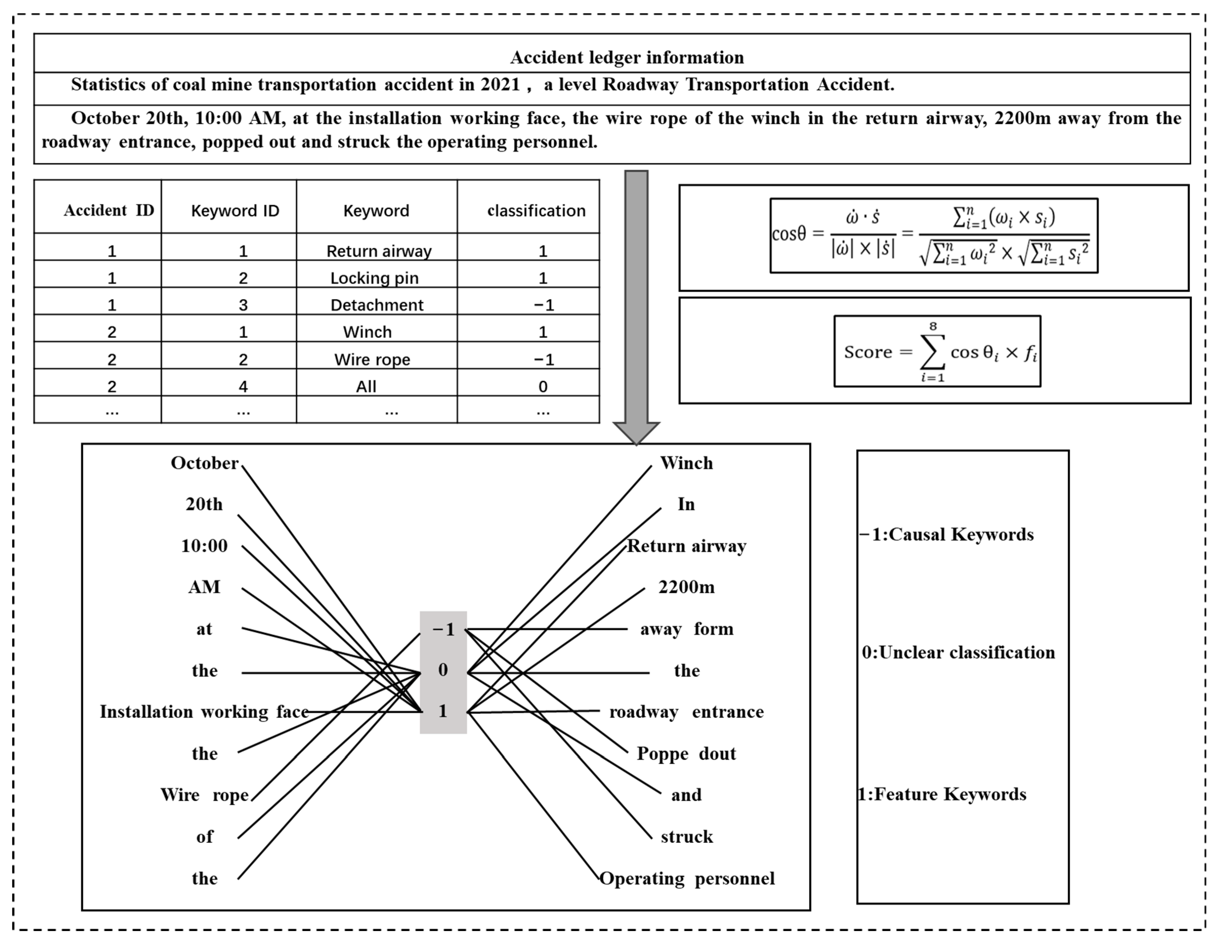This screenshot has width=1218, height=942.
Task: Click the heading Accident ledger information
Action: point(627,57)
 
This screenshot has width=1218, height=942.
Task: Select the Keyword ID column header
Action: point(235,211)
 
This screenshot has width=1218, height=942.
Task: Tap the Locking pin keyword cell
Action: point(374,278)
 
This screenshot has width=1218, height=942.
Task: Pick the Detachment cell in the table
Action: point(377,305)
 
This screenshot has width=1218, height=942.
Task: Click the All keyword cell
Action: point(366,387)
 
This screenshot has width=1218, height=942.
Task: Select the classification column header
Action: point(536,211)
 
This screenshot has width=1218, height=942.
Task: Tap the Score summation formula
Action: point(937,351)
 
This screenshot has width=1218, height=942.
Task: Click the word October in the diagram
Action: point(204,463)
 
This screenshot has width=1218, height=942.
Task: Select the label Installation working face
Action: point(204,712)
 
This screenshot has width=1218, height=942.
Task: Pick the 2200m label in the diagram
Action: point(686,587)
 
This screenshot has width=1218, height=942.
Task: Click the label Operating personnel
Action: point(687,878)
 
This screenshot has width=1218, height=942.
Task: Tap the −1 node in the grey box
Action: point(443,630)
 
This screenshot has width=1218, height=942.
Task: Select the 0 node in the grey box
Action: point(443,670)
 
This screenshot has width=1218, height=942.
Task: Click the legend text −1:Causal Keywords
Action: point(947,534)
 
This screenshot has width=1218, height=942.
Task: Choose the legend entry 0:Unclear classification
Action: point(958,653)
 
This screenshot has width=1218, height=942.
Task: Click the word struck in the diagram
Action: point(687,837)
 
